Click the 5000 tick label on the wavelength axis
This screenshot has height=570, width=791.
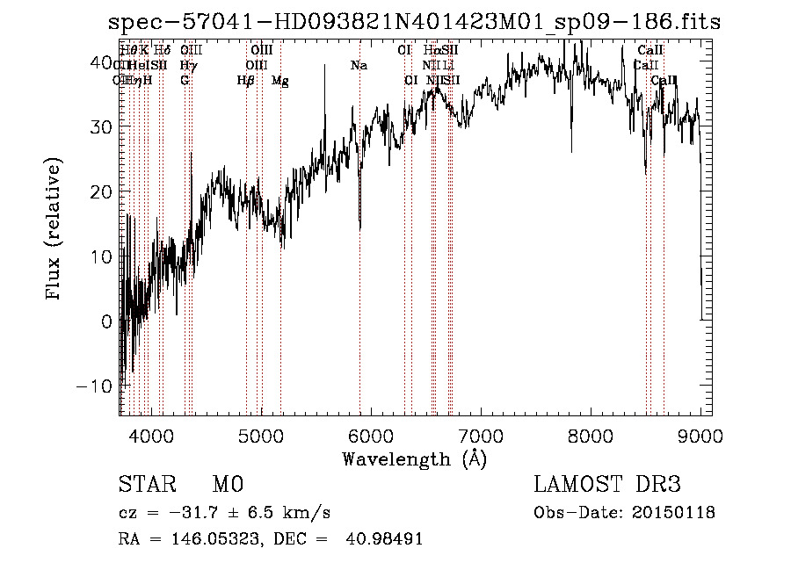260,435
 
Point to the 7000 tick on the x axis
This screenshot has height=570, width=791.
480,435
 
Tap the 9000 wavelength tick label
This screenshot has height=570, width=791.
700,435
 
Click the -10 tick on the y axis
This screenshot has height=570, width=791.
96,386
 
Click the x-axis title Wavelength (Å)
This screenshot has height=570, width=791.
414,458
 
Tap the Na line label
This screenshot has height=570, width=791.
359,66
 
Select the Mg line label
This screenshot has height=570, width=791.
280,81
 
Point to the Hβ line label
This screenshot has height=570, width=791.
246,81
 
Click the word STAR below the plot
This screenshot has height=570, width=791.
143,485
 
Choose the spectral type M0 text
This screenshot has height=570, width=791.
227,485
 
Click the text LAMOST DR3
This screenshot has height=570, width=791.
607,485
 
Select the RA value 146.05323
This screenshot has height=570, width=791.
212,539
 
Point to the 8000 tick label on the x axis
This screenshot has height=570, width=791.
591,435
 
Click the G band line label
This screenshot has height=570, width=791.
185,81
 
